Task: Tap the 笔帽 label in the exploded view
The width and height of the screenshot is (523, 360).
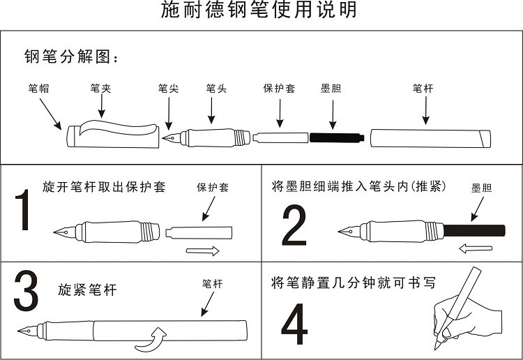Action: click(38, 89)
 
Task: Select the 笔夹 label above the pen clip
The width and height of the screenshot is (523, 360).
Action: click(100, 89)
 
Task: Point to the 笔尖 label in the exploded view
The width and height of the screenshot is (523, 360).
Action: click(168, 89)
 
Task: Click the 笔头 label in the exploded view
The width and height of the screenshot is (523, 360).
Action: click(215, 89)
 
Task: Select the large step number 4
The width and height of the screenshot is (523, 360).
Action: click(294, 324)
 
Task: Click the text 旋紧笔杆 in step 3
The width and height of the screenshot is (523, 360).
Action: click(88, 289)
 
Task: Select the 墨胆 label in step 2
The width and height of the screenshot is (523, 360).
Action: click(481, 188)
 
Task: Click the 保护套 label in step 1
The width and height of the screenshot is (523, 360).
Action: click(212, 188)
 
